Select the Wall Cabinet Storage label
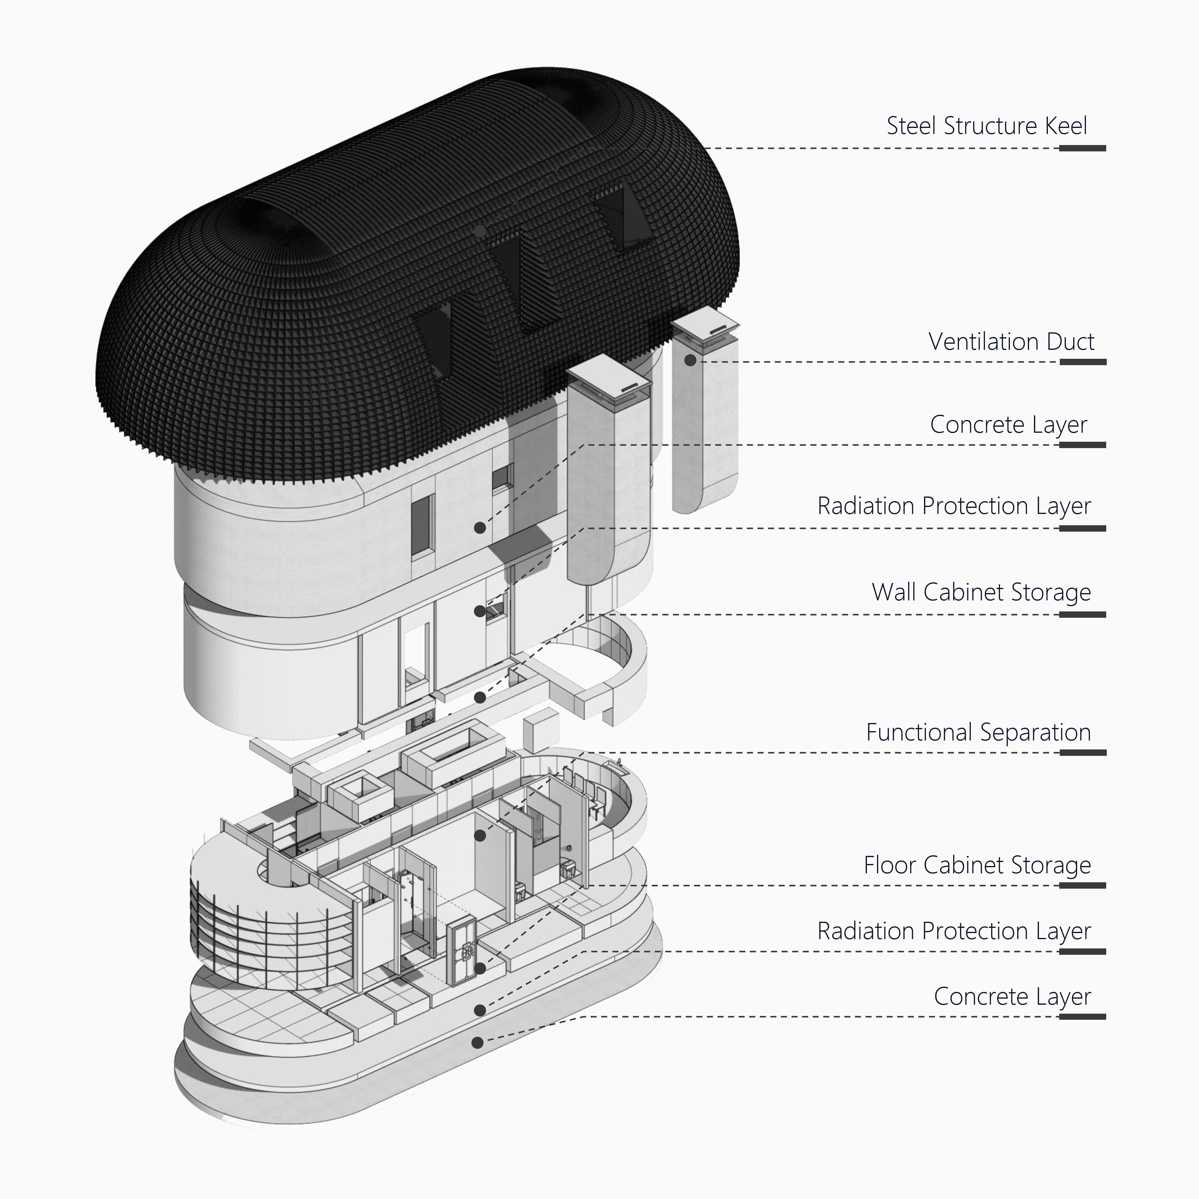[981, 592]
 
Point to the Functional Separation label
[978, 732]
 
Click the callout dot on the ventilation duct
[690, 360]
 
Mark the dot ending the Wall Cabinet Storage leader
[480, 698]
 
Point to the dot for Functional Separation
[480, 836]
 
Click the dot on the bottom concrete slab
[477, 1043]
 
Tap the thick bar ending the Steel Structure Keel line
[1082, 148]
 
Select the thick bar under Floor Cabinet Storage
[1082, 885]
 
